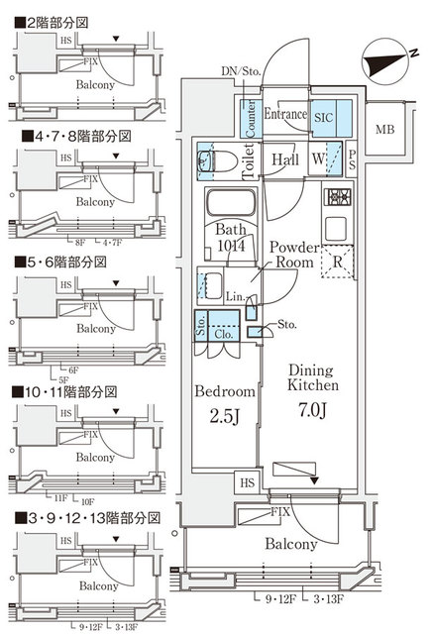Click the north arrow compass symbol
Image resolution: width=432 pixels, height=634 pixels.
pos(385,61)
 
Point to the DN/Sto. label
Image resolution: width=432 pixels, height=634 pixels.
pos(240,70)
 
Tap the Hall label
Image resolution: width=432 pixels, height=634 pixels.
pos(286,158)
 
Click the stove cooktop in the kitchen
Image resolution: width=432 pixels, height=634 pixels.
pos(336,197)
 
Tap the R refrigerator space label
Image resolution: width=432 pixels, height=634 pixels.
pos(339,264)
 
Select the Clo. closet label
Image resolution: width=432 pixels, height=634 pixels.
pos(225,334)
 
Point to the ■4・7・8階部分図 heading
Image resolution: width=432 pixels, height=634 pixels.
pos(62,137)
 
